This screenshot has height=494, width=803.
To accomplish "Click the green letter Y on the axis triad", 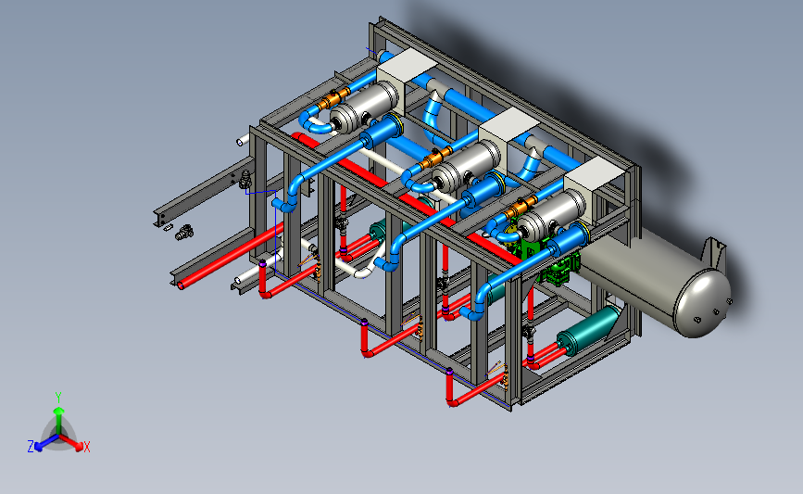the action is click(58, 398).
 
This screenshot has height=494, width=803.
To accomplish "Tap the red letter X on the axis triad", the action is click(86, 447).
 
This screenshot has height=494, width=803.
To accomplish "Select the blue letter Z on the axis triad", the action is click(31, 447).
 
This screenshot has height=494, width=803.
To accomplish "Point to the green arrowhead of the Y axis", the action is click(59, 411).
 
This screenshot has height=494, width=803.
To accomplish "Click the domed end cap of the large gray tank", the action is click(703, 303).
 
